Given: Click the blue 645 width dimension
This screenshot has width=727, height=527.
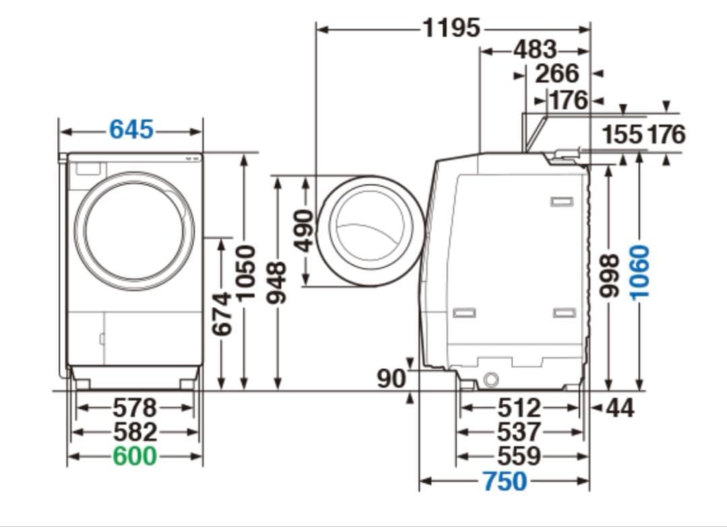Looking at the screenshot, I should [x=131, y=129].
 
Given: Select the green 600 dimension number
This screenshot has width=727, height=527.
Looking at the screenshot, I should [x=135, y=456].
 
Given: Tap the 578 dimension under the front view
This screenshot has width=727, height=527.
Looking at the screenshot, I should [x=135, y=408].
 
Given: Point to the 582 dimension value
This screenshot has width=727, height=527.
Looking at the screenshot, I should [x=135, y=432].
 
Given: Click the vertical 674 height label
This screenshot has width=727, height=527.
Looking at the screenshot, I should [x=222, y=314].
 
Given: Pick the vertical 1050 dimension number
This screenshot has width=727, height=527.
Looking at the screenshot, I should [x=246, y=273].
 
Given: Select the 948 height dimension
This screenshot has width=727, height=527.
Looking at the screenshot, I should [x=277, y=282].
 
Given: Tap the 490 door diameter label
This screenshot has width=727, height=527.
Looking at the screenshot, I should [x=304, y=230].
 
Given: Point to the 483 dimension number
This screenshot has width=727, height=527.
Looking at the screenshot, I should [x=535, y=50].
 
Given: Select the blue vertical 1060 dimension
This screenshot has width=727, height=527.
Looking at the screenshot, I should [x=640, y=272].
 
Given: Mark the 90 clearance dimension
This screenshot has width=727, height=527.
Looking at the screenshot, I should [x=391, y=379].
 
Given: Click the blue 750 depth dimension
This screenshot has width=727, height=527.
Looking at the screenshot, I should [x=505, y=481].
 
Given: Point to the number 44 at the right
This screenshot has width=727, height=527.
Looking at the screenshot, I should [x=620, y=408].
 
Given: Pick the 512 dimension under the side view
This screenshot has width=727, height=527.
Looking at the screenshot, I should [x=519, y=408].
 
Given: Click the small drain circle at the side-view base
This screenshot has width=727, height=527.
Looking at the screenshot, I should [x=491, y=380].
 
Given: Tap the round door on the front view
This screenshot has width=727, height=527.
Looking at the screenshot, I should [x=135, y=231].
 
